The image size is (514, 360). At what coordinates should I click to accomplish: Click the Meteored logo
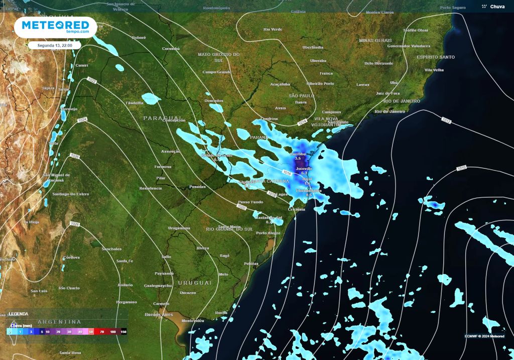pos(55,27)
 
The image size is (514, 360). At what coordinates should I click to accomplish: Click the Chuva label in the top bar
pos(497,7)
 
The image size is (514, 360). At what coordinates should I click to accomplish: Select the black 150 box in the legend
pos(123,332)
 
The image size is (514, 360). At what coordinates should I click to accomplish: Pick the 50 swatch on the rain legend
pos(91,332)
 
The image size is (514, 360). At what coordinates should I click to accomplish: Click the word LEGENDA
pos(19,314)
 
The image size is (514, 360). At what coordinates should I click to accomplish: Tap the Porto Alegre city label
pos(268,233)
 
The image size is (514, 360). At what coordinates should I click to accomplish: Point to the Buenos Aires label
pos(159,314)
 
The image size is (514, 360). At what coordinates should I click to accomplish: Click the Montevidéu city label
pos(193,320)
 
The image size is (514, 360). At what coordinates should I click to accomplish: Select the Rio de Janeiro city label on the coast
pos(390,111)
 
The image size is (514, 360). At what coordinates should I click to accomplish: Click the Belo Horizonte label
pos(378,63)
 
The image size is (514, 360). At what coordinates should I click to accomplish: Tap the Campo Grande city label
pos(216,72)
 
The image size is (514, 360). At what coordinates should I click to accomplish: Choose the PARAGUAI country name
pos(161,117)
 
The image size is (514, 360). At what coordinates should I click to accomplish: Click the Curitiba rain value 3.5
pos(298,158)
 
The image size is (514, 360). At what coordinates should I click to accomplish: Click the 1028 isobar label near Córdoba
pos(75,223)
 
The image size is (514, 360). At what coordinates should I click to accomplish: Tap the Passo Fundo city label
pos(249,202)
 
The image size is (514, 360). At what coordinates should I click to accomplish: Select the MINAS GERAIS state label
pos(375,40)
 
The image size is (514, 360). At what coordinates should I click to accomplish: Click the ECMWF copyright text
pos(484,336)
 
